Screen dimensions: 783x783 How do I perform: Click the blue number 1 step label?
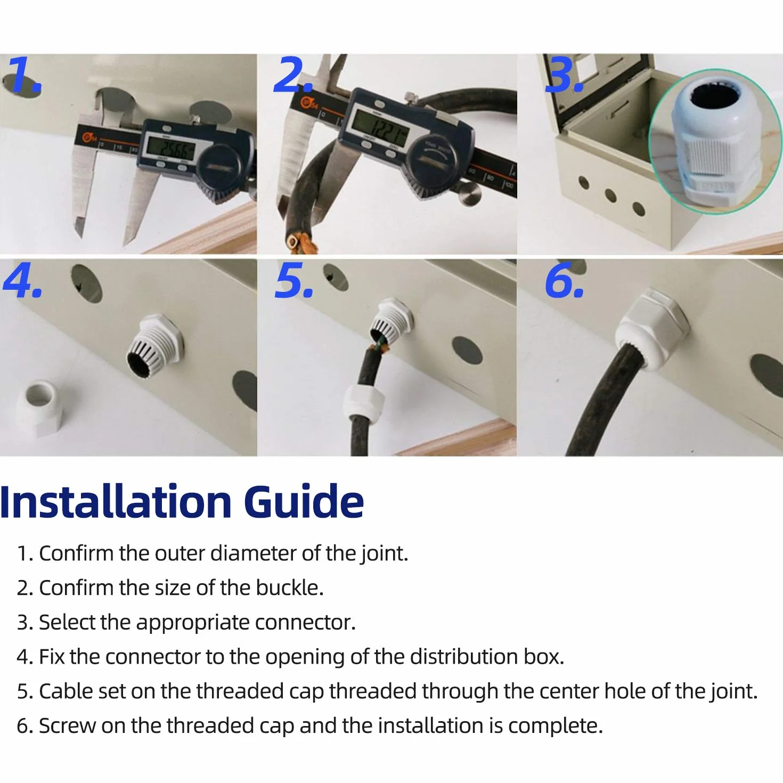(25, 75)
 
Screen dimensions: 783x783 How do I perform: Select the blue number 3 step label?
(564, 75)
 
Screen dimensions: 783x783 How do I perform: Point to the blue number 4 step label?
(23, 280)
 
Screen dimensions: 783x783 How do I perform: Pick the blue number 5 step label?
(294, 280)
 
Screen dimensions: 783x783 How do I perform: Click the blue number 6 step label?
(565, 280)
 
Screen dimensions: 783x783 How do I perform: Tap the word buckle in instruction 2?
(290, 588)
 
